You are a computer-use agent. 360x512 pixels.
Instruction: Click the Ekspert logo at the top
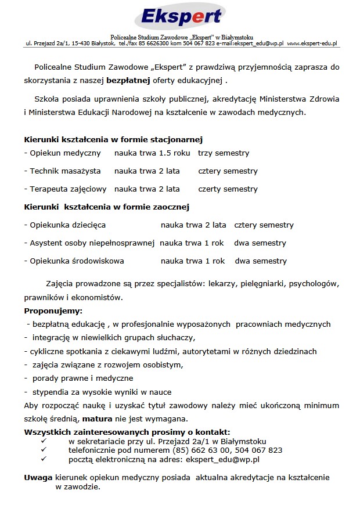tap(181, 17)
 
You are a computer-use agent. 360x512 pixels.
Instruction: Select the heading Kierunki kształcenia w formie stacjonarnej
tap(113, 140)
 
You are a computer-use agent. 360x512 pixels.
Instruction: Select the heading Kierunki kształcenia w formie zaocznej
tap(107, 207)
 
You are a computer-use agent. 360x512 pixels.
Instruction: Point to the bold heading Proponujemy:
tap(53, 311)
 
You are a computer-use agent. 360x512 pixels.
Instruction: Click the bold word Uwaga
tap(38, 478)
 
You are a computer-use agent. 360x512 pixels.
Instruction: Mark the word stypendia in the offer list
tap(50, 392)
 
